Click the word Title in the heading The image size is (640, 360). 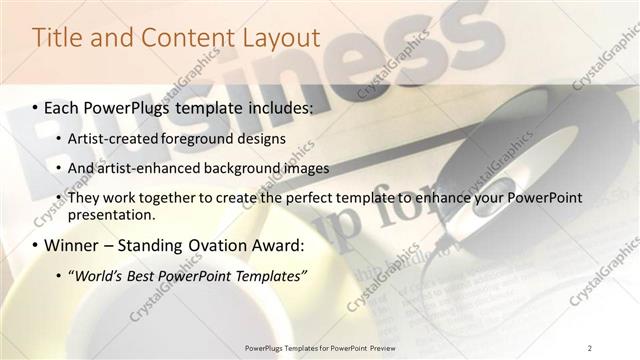[x=58, y=37]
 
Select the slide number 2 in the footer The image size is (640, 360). [x=590, y=347]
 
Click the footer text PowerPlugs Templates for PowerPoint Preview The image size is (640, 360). [x=320, y=347]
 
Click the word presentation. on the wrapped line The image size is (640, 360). [x=111, y=214]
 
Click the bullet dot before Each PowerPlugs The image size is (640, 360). [x=36, y=106]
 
